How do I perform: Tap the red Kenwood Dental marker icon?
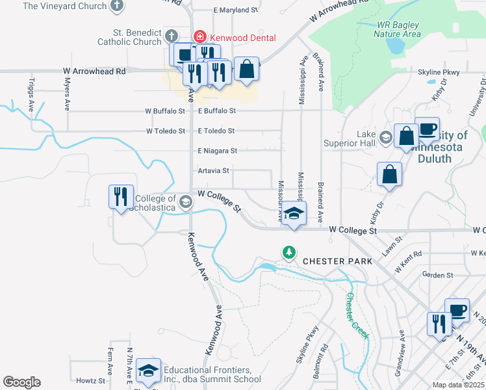tap(200, 38)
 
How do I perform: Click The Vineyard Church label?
tap(64, 6)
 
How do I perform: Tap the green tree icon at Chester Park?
tap(288, 252)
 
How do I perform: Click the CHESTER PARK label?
tap(338, 261)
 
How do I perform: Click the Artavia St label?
tap(214, 171)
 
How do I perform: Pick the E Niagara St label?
tap(218, 151)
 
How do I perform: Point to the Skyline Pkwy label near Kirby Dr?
tap(439, 72)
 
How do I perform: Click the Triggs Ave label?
tap(31, 94)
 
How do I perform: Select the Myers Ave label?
tap(67, 94)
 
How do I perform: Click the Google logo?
tap(21, 382)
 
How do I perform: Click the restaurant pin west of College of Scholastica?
tap(122, 196)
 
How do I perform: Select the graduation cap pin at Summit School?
tap(149, 370)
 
